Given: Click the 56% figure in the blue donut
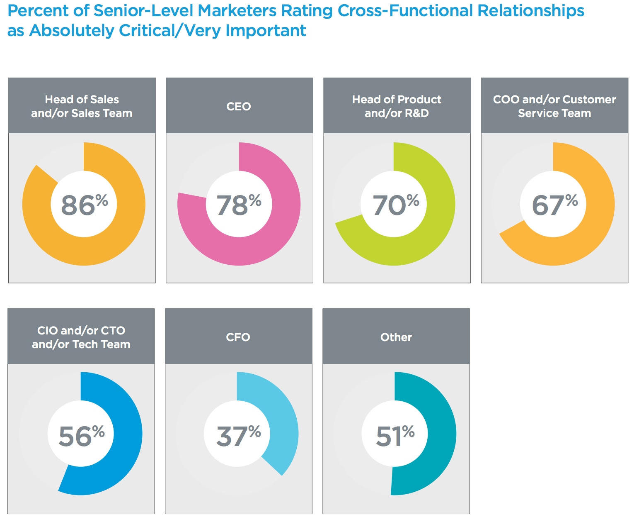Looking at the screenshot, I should pos(81,435).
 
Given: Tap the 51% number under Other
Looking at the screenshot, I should pos(395,435).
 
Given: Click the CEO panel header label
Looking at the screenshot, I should pos(239,107).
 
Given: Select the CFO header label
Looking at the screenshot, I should pos(238,337).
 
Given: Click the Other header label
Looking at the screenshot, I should pos(396,337).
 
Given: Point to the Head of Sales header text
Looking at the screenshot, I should pos(82,106).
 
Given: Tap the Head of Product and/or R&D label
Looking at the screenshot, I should pos(397,106).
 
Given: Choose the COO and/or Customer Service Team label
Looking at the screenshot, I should pos(554,106).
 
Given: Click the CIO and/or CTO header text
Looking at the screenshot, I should pos(81,337).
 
